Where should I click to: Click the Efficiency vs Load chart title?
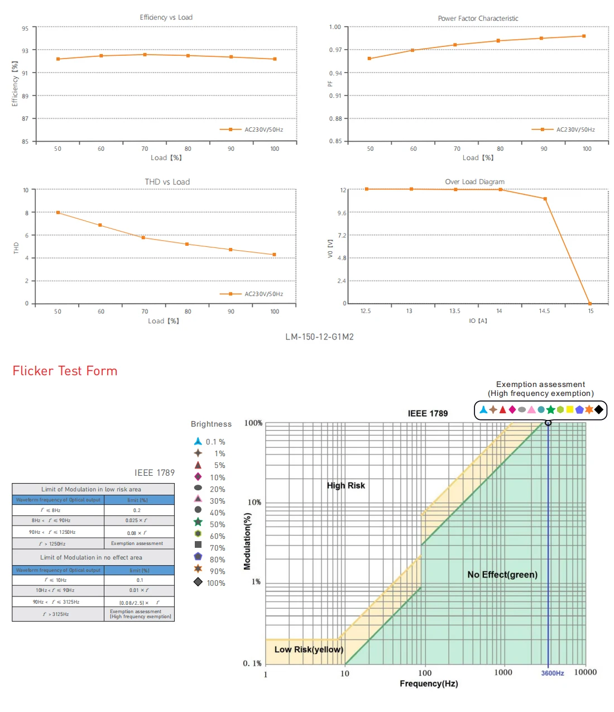[166, 17]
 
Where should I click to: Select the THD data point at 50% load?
[57, 212]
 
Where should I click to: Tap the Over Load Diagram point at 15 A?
[590, 304]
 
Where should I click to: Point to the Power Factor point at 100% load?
[584, 36]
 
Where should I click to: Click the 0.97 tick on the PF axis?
[335, 50]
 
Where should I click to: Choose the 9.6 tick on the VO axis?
[342, 213]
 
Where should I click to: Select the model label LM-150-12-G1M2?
[319, 337]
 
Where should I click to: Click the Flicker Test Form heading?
[65, 371]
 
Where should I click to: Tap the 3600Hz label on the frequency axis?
[552, 673]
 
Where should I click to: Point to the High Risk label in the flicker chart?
[346, 485]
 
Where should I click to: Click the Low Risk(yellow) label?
[308, 649]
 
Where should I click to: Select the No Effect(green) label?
[502, 575]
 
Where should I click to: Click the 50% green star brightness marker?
[198, 522]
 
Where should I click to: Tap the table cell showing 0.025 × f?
[136, 520]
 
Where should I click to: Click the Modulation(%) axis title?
[247, 541]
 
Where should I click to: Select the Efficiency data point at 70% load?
[145, 55]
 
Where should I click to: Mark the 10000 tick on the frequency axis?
[585, 672]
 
